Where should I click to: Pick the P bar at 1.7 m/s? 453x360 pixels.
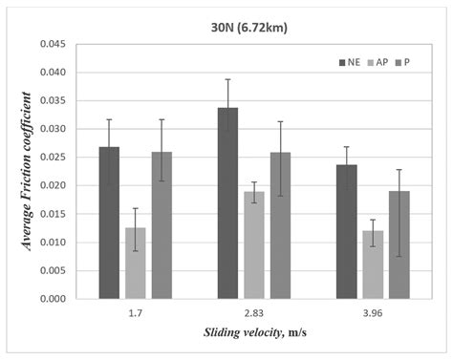point(162,225)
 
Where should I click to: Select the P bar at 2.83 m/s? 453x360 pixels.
point(280,225)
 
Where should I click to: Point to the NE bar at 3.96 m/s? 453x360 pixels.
point(346,232)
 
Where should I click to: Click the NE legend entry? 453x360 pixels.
point(350,62)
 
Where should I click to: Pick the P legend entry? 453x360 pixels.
point(404,62)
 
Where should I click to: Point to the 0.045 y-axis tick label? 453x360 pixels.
point(51,44)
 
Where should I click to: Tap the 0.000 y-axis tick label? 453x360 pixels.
point(51,299)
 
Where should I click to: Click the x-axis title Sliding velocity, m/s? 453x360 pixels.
point(252,334)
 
